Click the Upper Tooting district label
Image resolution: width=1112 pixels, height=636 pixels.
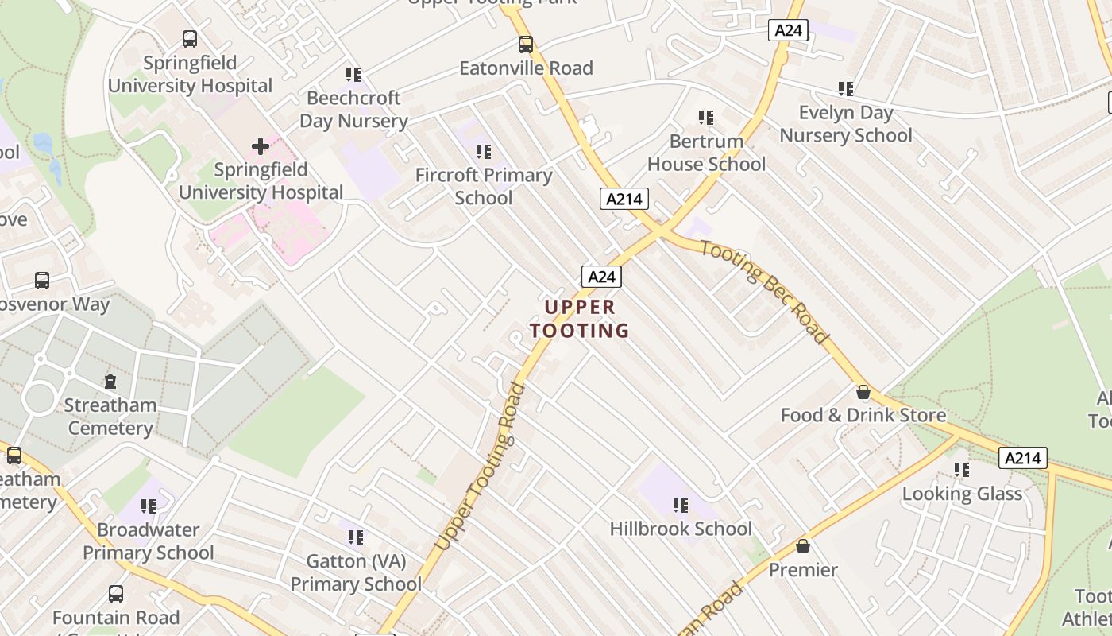pyautogui.click(x=579, y=319)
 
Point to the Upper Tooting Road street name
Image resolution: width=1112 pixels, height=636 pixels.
pyautogui.click(x=481, y=466)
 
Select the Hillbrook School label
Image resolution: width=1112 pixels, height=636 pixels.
pyautogui.click(x=681, y=529)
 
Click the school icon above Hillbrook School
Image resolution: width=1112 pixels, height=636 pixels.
pyautogui.click(x=680, y=506)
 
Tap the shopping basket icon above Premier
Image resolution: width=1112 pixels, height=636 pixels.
pyautogui.click(x=803, y=547)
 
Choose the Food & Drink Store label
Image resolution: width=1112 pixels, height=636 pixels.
pyautogui.click(x=863, y=415)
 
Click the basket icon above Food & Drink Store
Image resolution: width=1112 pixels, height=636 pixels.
pyautogui.click(x=863, y=393)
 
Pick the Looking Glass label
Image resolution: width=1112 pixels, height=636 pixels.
pyautogui.click(x=962, y=494)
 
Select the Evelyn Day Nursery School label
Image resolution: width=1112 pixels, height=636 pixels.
pyautogui.click(x=846, y=124)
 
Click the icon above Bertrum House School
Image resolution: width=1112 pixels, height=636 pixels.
pyautogui.click(x=705, y=118)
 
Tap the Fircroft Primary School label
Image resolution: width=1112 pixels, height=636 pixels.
pyautogui.click(x=484, y=186)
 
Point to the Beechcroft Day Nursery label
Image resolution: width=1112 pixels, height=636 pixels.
pyautogui.click(x=353, y=110)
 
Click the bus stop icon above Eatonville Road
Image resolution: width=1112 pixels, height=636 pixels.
pyautogui.click(x=526, y=45)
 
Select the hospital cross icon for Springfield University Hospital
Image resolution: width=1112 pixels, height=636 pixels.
pyautogui.click(x=261, y=146)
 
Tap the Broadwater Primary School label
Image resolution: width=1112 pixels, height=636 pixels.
pyautogui.click(x=149, y=541)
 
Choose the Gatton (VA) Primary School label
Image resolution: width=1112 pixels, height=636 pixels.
pyautogui.click(x=356, y=572)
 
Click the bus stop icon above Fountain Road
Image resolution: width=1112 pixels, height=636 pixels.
pyautogui.click(x=116, y=594)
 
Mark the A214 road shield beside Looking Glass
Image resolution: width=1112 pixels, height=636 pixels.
pyautogui.click(x=1022, y=458)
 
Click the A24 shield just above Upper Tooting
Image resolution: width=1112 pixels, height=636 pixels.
pyautogui.click(x=601, y=277)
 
